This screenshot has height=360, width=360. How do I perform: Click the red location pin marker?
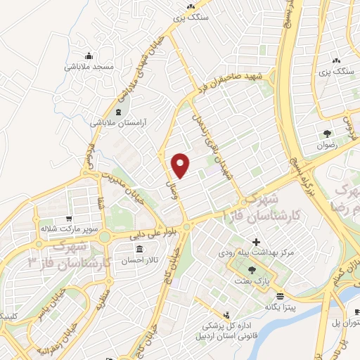pos(181,165)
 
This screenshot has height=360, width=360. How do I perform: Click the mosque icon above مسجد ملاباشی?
pos(89,56)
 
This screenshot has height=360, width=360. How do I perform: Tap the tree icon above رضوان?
pos(326,134)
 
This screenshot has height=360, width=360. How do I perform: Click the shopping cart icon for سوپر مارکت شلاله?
pos(67,218)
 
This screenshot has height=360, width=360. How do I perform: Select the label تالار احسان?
pos(139,260)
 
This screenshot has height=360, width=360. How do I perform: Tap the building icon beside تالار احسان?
pos(139,250)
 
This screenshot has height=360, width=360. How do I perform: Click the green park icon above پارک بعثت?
pos(252,271)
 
